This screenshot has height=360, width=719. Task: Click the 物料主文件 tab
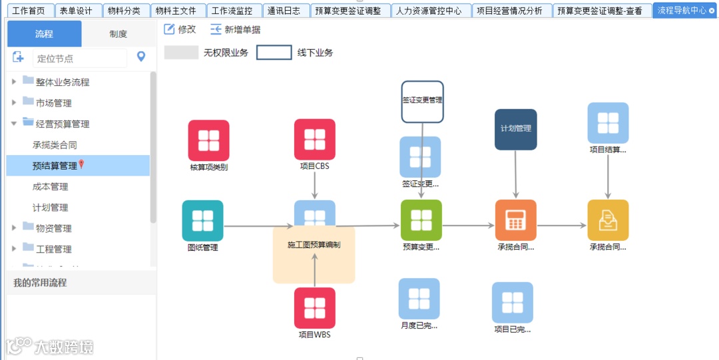tap(176, 11)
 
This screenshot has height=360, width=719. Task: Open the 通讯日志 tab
tap(284, 11)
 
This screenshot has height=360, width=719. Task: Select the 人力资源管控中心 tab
tap(428, 11)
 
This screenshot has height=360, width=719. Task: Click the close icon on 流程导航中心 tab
tap(712, 11)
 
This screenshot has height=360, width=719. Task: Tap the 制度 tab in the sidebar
tap(118, 34)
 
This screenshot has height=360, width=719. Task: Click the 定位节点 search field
tap(79, 59)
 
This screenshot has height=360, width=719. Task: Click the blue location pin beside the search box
tap(141, 57)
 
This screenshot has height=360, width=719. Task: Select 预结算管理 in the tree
tap(55, 166)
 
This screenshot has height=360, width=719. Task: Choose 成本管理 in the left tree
tap(51, 187)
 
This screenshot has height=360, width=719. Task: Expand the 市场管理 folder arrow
tap(14, 103)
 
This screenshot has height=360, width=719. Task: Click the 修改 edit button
tap(180, 29)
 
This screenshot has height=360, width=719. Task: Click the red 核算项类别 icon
tap(208, 140)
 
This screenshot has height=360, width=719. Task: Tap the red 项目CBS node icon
tap(315, 140)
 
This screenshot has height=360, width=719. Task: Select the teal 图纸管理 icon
tap(202, 221)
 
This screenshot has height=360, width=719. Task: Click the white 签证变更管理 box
tap(422, 101)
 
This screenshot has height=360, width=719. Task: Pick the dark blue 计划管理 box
tap(515, 129)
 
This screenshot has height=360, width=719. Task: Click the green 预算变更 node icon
tap(421, 220)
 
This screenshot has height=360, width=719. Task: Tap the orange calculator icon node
tap(515, 220)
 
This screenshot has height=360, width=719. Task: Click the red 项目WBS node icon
tap(315, 308)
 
